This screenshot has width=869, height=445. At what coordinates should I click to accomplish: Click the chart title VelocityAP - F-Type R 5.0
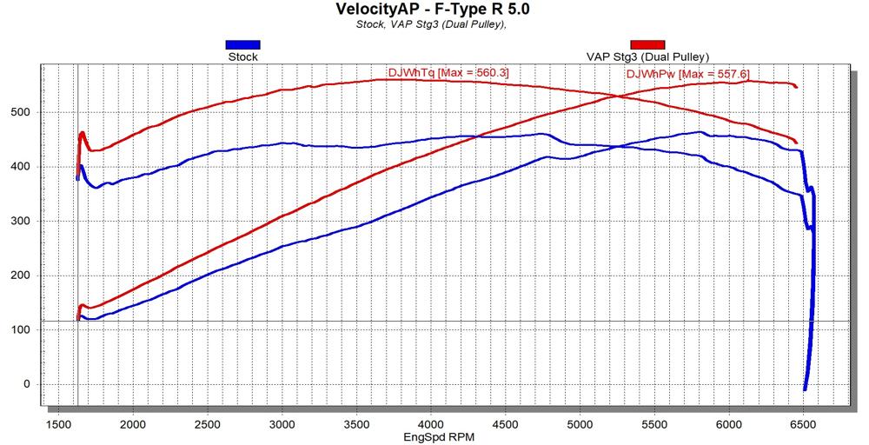coord(432,10)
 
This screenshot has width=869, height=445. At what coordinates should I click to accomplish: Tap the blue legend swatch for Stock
coord(242,44)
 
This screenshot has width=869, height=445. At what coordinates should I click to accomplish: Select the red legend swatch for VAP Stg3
coord(647,44)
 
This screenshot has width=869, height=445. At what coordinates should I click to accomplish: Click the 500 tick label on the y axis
coord(20,112)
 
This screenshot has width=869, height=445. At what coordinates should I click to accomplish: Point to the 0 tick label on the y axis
coord(27,384)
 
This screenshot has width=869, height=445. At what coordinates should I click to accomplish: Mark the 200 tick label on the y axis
coord(20,276)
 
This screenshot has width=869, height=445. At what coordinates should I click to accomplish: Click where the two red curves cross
coord(615,96)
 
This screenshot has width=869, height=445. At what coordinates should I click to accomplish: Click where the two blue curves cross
coord(619,147)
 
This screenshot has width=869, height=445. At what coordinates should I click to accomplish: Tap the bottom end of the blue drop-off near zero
coord(805,389)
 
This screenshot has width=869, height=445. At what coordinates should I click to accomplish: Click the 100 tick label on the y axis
coord(20,330)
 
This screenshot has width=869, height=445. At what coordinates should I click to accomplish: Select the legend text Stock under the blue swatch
coord(242,57)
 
